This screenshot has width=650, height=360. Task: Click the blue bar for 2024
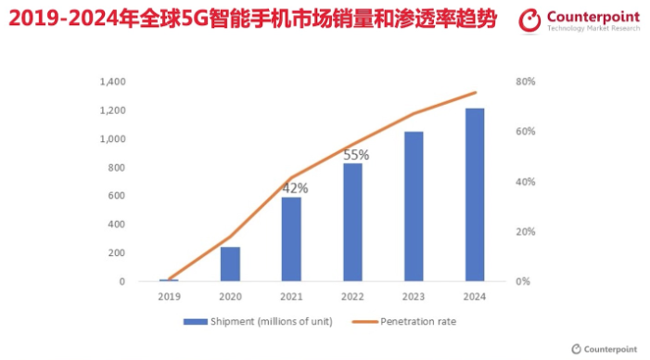click(x=474, y=195)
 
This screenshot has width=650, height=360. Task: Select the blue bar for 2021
click(x=292, y=238)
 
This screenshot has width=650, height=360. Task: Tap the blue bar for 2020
click(x=230, y=264)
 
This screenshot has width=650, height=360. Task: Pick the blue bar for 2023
click(x=414, y=206)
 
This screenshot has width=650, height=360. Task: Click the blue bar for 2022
click(x=352, y=222)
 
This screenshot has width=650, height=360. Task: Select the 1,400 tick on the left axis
click(x=110, y=83)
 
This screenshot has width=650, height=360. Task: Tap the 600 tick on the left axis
click(x=116, y=196)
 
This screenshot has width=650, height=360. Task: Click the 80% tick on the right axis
click(x=526, y=83)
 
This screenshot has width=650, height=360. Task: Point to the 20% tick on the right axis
click(x=526, y=232)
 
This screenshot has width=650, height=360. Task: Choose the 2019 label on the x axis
click(x=168, y=296)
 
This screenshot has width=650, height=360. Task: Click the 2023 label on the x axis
click(x=414, y=296)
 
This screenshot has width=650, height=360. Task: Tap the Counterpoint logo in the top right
click(x=580, y=20)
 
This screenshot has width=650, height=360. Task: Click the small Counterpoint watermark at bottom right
click(x=604, y=349)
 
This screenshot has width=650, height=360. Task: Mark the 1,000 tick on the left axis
click(x=110, y=139)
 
